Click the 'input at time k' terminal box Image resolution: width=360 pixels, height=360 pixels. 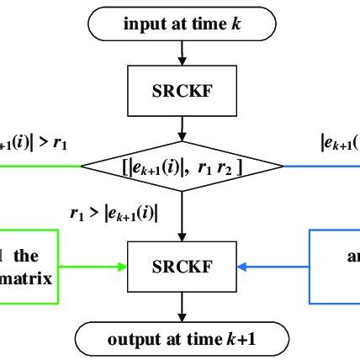click(181, 24)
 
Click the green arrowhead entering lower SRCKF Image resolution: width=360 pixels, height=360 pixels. click(122, 267)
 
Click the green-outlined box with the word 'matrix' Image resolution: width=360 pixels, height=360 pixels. click(29, 267)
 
